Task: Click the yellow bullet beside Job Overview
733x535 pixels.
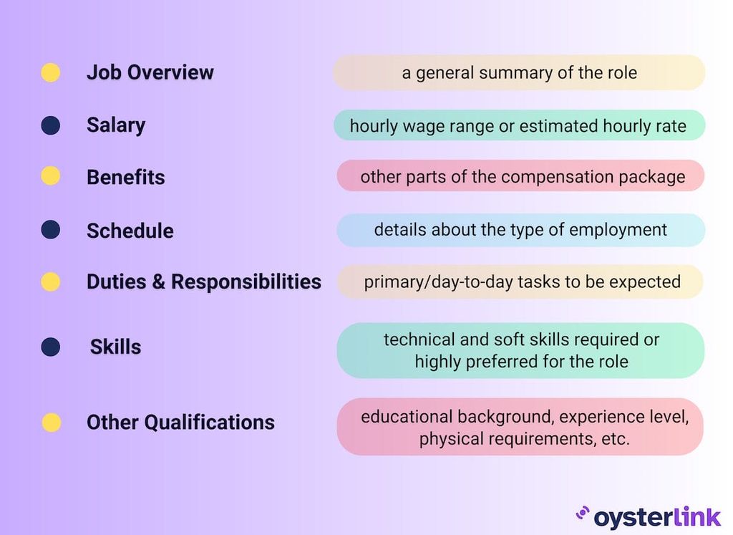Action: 50,72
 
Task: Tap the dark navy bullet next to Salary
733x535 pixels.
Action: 50,125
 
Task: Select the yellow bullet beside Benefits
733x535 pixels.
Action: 50,176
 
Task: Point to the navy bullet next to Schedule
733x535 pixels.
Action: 50,230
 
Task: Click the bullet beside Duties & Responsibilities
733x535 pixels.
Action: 50,281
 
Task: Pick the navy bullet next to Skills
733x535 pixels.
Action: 50,347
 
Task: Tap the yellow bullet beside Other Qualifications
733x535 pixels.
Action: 51,423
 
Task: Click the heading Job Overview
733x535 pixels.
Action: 150,72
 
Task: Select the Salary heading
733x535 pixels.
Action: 115,125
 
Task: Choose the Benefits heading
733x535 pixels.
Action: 125,178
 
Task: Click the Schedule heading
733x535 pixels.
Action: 130,231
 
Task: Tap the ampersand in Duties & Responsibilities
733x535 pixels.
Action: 158,282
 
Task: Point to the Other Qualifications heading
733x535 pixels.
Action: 180,423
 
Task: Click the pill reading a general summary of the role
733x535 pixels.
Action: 519,72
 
